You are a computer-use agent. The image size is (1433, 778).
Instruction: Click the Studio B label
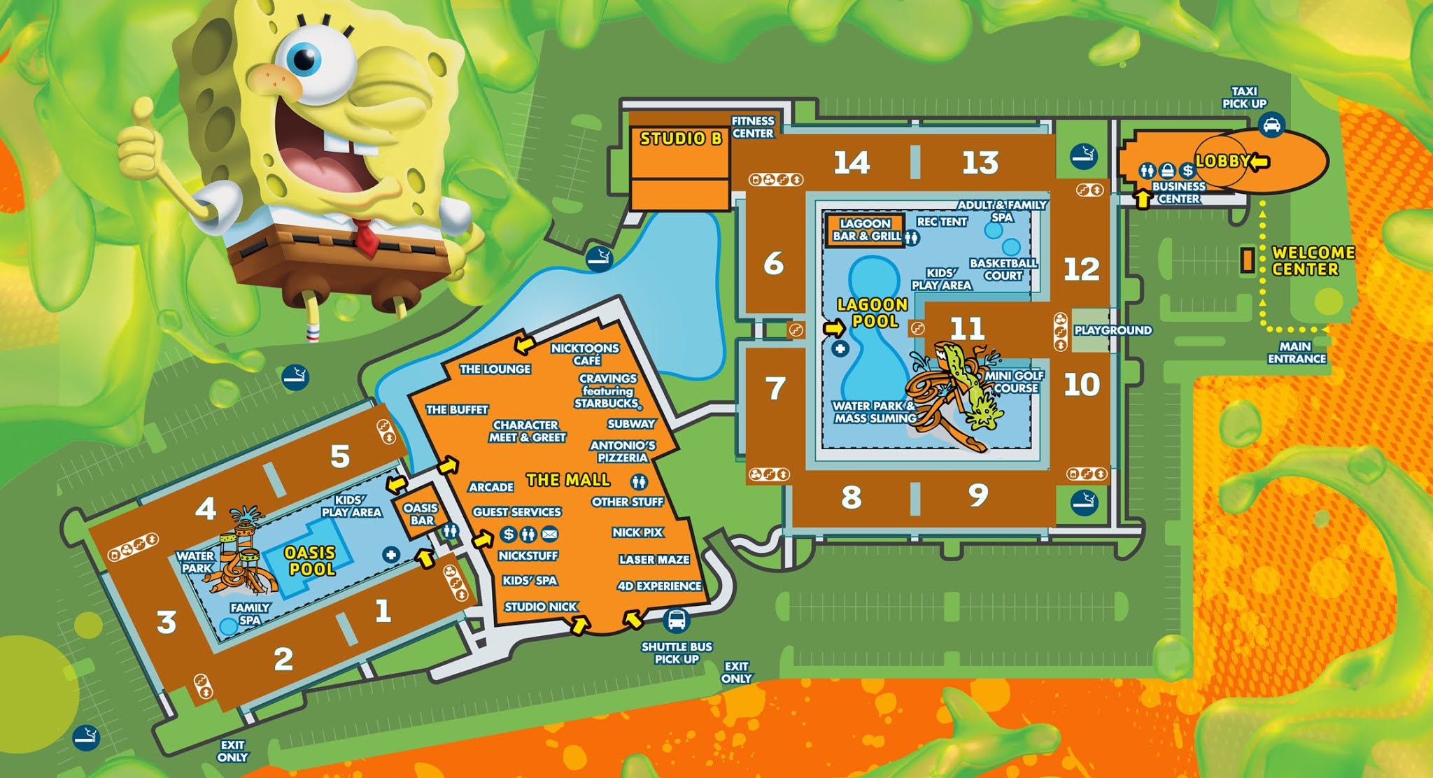[680, 139]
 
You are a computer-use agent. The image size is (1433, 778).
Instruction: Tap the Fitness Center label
[753, 127]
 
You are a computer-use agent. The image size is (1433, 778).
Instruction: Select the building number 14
[852, 163]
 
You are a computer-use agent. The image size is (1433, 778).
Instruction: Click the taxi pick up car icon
[1271, 126]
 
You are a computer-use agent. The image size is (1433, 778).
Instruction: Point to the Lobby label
[1222, 162]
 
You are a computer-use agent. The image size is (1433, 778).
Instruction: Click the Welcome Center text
[1313, 261]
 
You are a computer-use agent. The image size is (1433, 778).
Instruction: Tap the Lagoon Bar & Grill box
[866, 230]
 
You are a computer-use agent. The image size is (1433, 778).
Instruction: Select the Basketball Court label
[1003, 269]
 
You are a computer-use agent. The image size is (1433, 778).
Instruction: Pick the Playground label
[1113, 330]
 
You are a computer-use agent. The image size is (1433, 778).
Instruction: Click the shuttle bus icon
[677, 620]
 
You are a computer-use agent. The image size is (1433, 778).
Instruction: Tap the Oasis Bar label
[421, 514]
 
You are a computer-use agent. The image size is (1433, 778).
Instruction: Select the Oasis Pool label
[310, 561]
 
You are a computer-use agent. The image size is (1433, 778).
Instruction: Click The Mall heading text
[568, 480]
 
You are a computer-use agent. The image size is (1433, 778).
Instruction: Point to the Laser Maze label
[654, 560]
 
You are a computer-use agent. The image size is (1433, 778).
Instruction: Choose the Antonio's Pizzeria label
[623, 451]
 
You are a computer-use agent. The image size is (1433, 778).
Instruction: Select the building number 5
[340, 457]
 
